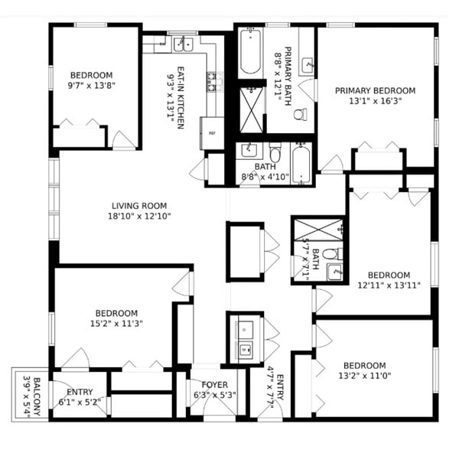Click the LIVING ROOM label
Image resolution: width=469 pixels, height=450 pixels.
click(x=138, y=205)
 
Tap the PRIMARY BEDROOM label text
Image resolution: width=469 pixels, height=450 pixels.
click(x=375, y=90)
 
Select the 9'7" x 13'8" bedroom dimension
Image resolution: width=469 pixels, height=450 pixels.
click(x=91, y=86)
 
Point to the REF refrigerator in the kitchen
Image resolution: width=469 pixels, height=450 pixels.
click(x=212, y=132)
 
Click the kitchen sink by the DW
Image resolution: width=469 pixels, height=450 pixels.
click(x=181, y=44)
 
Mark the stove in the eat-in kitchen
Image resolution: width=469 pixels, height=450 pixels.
click(x=214, y=78)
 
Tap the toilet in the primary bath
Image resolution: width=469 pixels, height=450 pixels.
click(x=301, y=115)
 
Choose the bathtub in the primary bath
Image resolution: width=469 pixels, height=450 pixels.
click(x=249, y=52)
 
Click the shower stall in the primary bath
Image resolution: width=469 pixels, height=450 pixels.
click(x=250, y=110)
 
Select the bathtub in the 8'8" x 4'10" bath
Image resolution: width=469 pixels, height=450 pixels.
click(x=303, y=164)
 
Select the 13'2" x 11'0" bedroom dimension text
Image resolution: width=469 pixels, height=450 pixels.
click(x=364, y=376)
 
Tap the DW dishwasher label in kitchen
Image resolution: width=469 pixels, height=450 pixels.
click(x=162, y=44)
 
